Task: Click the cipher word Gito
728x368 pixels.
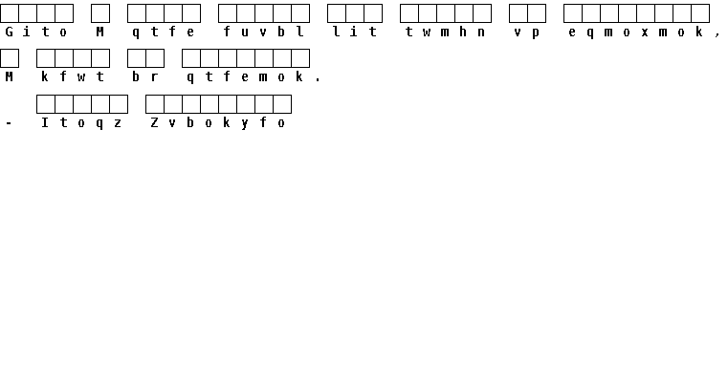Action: point(36,32)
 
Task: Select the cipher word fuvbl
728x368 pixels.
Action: point(264,32)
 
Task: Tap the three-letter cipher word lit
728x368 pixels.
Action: point(355,32)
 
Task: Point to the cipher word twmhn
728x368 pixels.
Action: point(446,32)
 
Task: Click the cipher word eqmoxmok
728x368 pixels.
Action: point(635,32)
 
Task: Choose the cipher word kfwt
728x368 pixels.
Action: point(73,76)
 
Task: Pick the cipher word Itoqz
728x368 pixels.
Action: point(81,123)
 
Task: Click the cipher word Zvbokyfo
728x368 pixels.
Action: point(218,123)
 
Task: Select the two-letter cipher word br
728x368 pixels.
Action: point(145,76)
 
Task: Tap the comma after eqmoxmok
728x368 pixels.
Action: point(717,33)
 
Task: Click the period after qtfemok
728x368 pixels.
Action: point(318,79)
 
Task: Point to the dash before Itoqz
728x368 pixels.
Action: point(9,124)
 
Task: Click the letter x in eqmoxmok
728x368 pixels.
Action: point(645,32)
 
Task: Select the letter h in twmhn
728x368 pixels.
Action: point(463,32)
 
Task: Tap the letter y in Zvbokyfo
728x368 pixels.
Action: point(245,124)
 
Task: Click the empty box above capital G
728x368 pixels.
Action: point(10,13)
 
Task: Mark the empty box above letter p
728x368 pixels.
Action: point(537,13)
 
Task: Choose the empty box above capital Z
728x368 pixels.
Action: point(155,104)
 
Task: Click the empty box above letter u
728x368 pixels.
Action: point(246,13)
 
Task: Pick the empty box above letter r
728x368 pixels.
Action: point(155,58)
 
